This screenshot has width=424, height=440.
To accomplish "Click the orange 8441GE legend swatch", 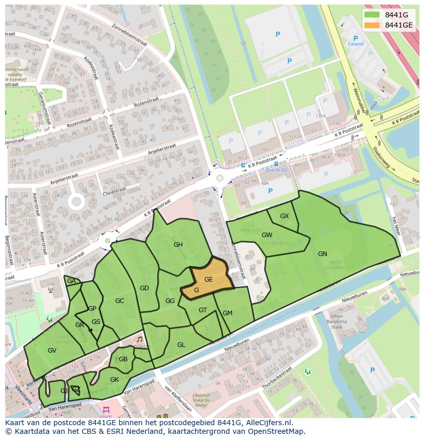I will point(373,25).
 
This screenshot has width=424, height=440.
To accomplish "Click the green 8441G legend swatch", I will point(373,15).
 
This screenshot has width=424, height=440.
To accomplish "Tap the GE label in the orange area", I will point(208,280).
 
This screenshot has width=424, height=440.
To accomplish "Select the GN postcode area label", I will point(322,254).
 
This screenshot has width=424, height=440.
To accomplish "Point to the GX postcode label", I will point(284,216).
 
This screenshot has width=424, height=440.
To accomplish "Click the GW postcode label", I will point(267,235).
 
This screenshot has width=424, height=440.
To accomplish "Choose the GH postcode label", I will point(178,245).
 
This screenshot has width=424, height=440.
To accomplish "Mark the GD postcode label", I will point(144,288).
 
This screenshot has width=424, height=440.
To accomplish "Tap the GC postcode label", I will point(119,301).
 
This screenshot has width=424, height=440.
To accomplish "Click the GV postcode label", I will point(52,351).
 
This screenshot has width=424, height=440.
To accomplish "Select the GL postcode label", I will point(181,345).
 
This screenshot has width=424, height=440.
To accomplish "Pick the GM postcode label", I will point(227,313).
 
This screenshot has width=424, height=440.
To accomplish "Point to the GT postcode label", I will point(203,310).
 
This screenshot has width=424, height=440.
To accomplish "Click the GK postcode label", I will point(114,380).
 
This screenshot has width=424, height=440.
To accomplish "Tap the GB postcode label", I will point(123,359).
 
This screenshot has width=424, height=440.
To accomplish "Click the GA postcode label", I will point(71,282).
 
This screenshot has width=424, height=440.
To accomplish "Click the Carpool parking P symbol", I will point(355,38).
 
